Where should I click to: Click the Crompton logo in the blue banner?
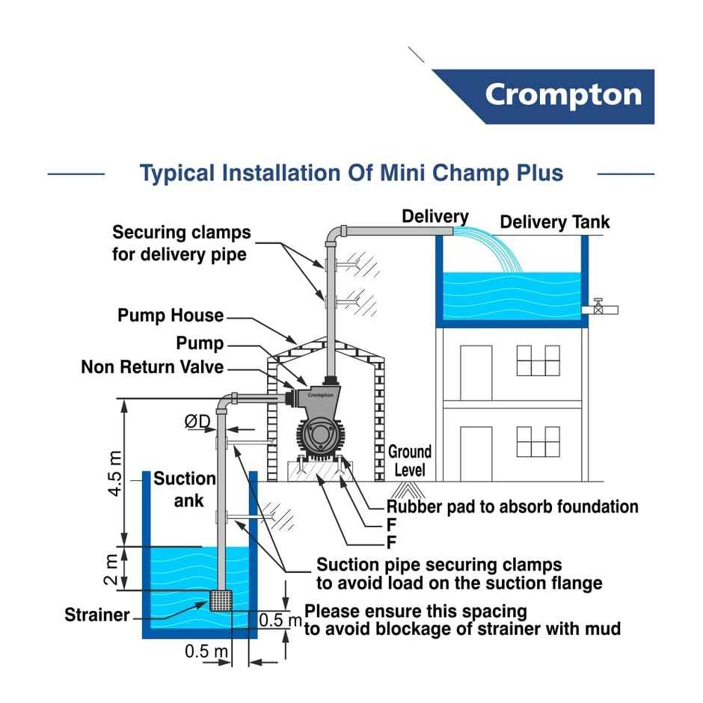click(x=562, y=95)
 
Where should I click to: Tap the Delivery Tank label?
click(x=554, y=222)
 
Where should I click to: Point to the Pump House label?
click(x=171, y=316)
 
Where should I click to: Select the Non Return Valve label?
click(x=152, y=367)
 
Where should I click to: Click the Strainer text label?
click(x=97, y=615)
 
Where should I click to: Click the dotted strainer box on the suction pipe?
click(x=222, y=600)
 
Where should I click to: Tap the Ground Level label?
click(x=409, y=461)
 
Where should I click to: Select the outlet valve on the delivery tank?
click(x=599, y=307)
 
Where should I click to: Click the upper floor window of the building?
click(x=538, y=360)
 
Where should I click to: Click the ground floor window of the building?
click(x=538, y=441)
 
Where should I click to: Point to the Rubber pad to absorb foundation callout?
click(x=512, y=506)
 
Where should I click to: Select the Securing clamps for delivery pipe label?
click(x=181, y=243)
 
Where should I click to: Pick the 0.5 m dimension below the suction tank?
click(x=206, y=651)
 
